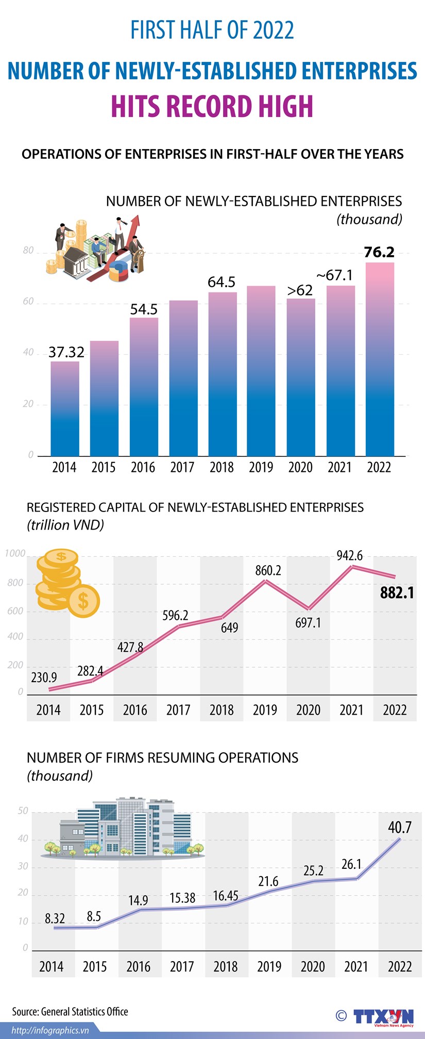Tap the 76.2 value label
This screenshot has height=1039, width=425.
(379, 252)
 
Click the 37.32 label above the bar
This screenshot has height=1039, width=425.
(66, 352)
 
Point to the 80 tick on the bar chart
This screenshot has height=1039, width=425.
(28, 251)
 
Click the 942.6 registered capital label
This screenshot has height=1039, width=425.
(350, 555)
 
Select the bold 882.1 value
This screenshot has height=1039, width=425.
(397, 593)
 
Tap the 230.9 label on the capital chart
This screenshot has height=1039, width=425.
(44, 678)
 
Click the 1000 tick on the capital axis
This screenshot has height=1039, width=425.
(15, 554)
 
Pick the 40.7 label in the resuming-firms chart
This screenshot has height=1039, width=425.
(400, 828)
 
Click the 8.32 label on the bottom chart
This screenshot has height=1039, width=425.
(55, 918)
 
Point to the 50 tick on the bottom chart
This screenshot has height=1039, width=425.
(23, 811)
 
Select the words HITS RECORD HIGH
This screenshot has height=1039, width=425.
(212, 107)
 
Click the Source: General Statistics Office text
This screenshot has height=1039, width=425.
(70, 1012)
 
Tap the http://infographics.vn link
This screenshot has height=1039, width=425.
(50, 1030)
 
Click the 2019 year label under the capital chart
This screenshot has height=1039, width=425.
(265, 710)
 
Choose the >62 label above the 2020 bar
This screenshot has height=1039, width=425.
(300, 290)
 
